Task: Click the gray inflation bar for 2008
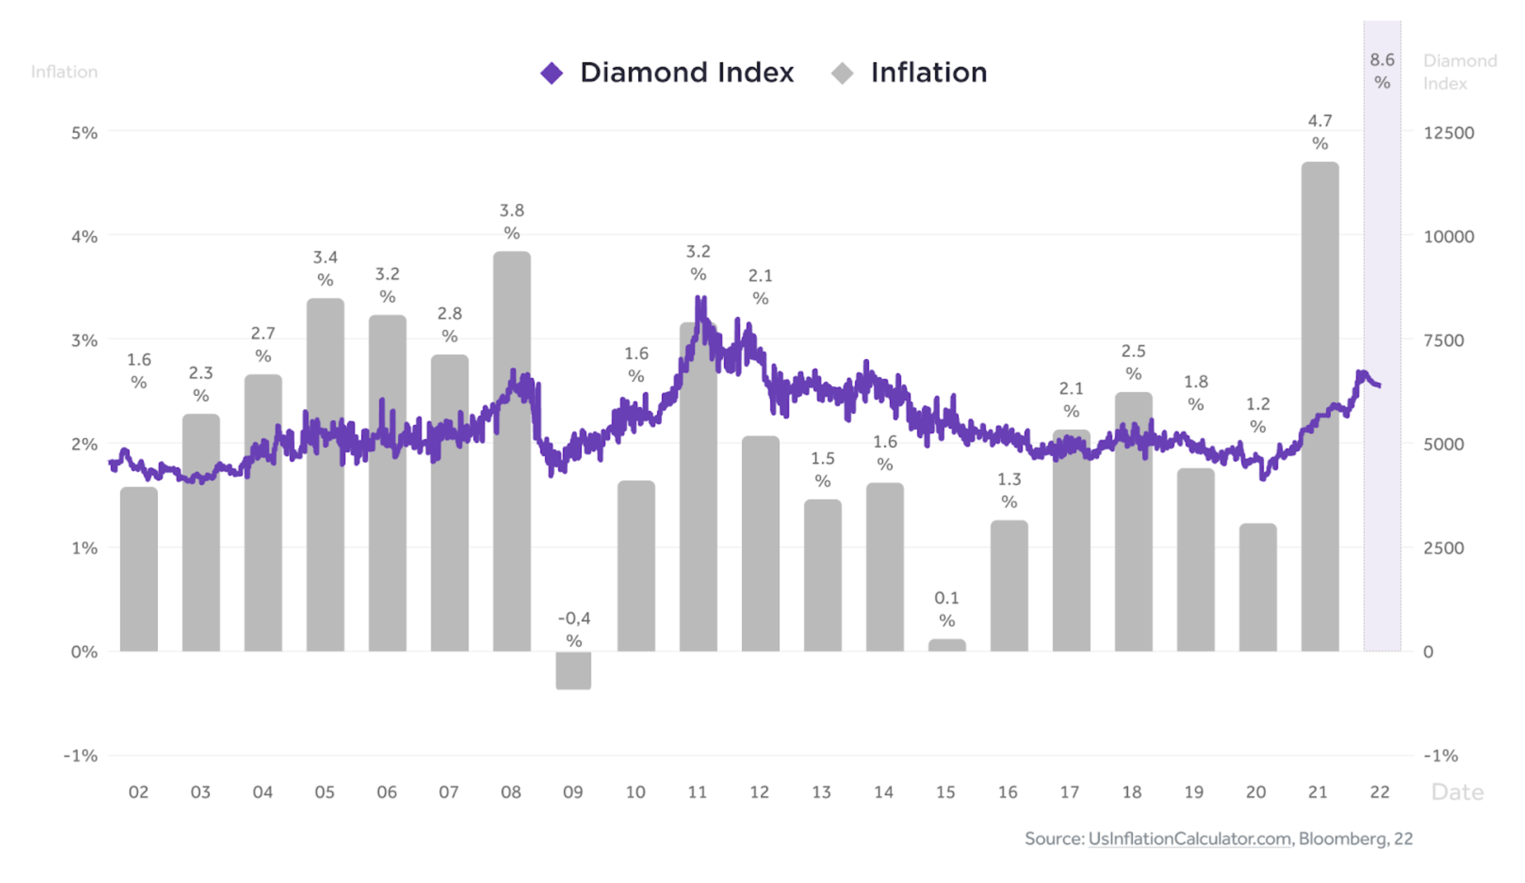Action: pos(511,514)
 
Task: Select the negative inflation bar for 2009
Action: pos(573,670)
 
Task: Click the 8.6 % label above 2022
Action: pos(1382,71)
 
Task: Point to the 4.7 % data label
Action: pos(1319,132)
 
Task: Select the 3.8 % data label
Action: pos(511,222)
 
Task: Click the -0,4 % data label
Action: pos(574,629)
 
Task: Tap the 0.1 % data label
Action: pos(946,609)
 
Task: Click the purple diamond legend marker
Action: pos(551,73)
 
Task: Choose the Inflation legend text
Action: pos(928,72)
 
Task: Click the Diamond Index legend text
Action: pos(686,72)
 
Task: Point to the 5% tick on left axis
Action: pos(84,133)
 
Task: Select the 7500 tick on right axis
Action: pos(1443,340)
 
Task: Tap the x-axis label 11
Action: pos(697,792)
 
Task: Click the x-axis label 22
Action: pos(1379,792)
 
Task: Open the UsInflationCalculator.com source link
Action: pos(1189,838)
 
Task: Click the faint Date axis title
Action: pos(1457,792)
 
